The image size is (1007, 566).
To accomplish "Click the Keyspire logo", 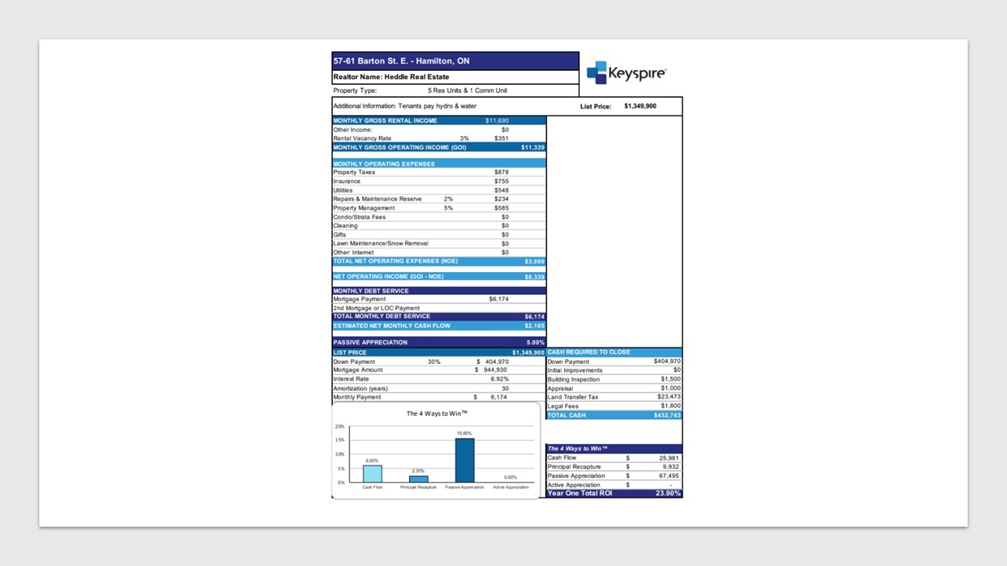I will [626, 72].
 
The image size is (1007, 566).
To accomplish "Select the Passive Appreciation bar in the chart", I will [465, 460].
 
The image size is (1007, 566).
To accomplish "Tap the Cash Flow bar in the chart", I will [372, 473].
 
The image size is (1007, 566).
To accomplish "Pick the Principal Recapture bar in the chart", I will [419, 479].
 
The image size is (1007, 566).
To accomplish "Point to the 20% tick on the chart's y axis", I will [340, 426].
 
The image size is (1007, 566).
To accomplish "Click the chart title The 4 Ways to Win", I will [437, 413].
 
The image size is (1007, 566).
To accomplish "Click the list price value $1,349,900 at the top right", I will [640, 106].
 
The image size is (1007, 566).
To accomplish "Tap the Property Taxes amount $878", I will [501, 172].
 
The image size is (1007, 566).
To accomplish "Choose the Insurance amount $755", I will [501, 182].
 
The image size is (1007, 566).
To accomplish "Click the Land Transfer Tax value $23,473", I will [667, 397].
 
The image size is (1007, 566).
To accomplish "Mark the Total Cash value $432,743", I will [666, 415].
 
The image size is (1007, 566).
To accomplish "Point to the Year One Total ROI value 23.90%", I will [667, 494].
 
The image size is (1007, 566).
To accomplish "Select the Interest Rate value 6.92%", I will [500, 379].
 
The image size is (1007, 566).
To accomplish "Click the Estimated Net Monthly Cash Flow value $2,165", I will [534, 325].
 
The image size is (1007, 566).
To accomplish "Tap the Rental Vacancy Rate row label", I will [362, 138].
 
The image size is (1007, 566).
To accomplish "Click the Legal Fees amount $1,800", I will [670, 406].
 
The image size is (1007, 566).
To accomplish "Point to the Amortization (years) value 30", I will [504, 388].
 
